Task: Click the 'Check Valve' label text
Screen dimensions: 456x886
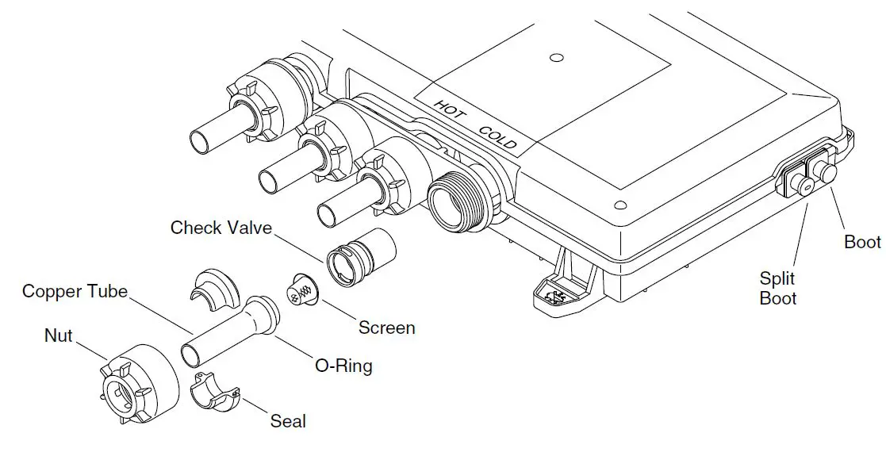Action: [x=221, y=228]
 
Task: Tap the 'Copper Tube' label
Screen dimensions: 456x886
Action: [x=75, y=291]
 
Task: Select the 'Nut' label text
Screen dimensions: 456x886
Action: [x=58, y=336]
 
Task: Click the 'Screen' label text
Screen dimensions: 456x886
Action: [x=386, y=327]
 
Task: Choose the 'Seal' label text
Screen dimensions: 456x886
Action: [x=288, y=421]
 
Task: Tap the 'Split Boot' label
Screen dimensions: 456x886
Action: [x=778, y=289]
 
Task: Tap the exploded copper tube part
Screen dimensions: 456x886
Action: [x=230, y=329]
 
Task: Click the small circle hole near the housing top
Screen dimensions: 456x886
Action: [x=556, y=58]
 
